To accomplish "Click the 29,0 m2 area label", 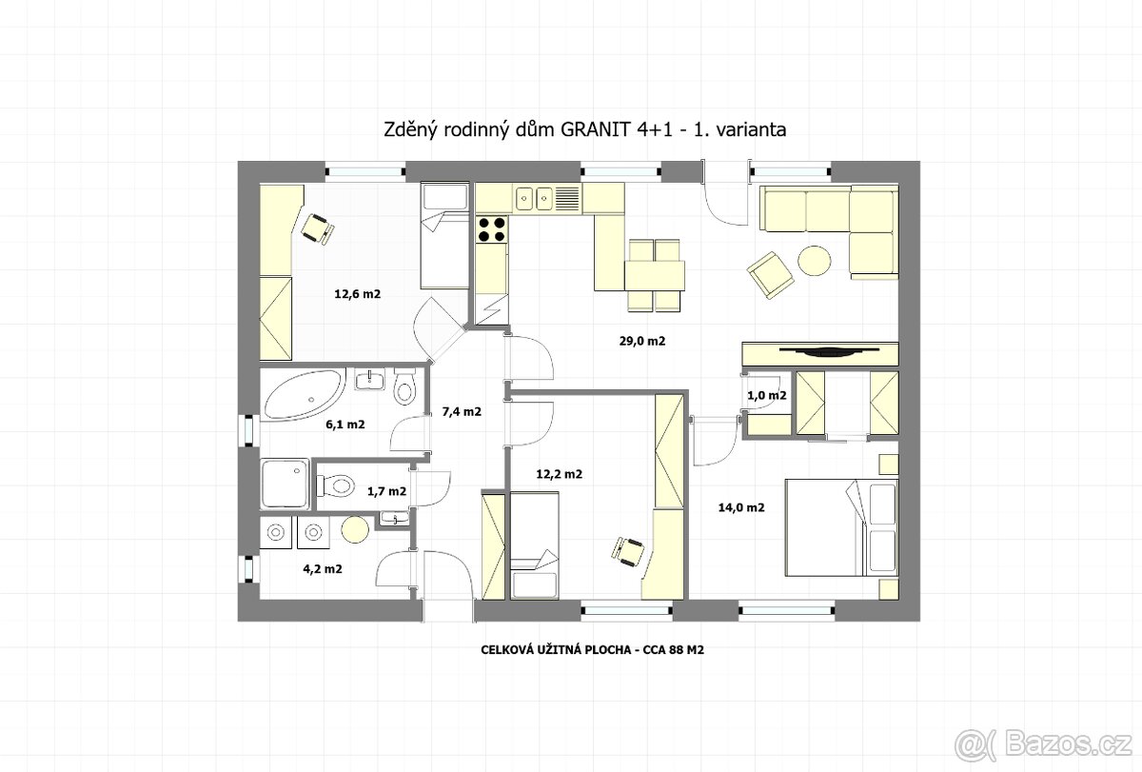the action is tap(642, 341).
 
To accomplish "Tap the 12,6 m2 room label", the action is tap(358, 294).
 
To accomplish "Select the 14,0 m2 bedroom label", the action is tap(741, 507).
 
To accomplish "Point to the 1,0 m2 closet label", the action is tap(767, 395).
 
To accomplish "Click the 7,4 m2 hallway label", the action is tap(462, 411).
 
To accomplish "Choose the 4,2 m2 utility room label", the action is tap(323, 569).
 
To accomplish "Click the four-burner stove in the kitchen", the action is tap(490, 229).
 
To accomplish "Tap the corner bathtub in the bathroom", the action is tap(305, 395).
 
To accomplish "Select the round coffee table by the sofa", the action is tap(815, 261).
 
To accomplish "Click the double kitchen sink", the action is tap(533, 198).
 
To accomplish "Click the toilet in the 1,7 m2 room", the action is tap(335, 485).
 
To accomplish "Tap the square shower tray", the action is tap(285, 484).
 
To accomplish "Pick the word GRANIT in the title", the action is tap(596, 129).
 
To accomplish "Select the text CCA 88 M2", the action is tap(673, 649).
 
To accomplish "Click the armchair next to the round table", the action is tap(770, 275).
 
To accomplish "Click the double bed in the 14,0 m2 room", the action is tap(841, 527).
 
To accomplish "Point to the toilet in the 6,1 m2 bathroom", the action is tap(404, 387).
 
